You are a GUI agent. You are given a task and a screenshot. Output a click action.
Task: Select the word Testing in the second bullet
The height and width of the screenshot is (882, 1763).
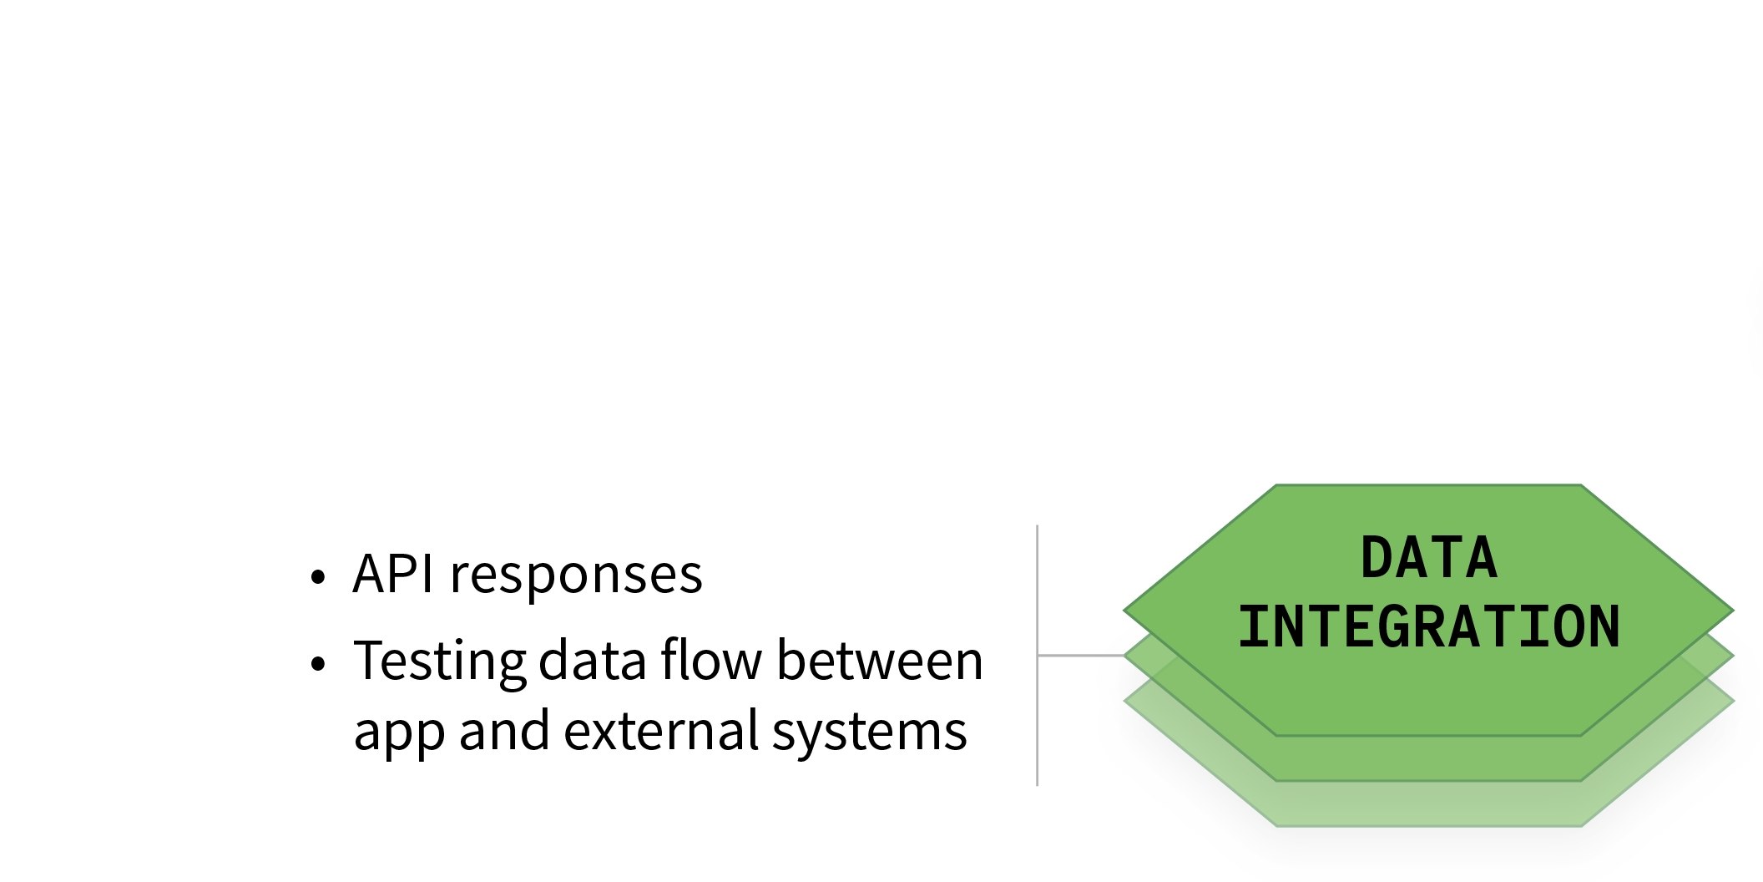click(x=439, y=662)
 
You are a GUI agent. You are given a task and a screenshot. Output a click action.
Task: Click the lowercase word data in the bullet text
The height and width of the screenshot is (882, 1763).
click(x=593, y=661)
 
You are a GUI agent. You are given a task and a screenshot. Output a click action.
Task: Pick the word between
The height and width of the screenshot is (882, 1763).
click(x=880, y=661)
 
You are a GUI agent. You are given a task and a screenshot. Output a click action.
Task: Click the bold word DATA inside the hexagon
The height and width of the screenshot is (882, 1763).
click(x=1428, y=558)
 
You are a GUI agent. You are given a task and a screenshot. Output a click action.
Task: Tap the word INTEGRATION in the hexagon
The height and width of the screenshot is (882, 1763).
click(x=1428, y=626)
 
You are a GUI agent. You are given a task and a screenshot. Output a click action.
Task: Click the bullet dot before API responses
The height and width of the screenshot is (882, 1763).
click(x=316, y=577)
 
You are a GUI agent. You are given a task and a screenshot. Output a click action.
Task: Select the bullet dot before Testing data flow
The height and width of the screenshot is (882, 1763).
click(x=316, y=664)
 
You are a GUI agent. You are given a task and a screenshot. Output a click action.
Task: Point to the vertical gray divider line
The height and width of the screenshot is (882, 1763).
click(x=1037, y=585)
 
